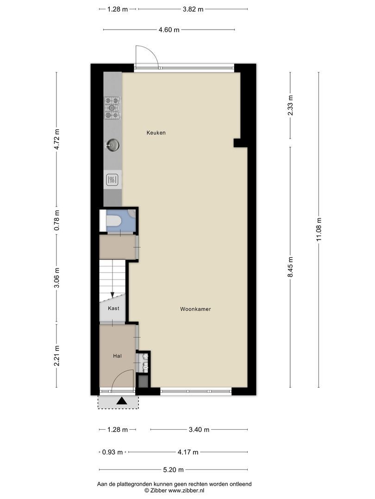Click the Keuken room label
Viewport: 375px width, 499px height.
click(156, 133)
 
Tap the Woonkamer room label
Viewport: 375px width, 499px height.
click(195, 309)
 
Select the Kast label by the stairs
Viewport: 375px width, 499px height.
click(113, 308)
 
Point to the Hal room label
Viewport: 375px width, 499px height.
click(117, 356)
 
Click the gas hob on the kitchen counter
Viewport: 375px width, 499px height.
click(112, 108)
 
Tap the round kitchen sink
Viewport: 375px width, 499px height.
click(112, 145)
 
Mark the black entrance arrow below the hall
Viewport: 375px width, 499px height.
click(121, 401)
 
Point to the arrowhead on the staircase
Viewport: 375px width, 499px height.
click(112, 295)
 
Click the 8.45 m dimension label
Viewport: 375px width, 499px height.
click(290, 267)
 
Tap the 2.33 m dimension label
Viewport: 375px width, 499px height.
click(290, 105)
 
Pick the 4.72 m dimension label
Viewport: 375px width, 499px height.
click(57, 139)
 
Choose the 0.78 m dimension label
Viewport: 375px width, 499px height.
click(57, 220)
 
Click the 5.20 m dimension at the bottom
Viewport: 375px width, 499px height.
click(174, 470)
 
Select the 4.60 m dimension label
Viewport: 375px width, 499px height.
click(169, 30)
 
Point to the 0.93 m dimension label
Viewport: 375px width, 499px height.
click(112, 452)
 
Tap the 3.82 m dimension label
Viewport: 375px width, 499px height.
click(193, 9)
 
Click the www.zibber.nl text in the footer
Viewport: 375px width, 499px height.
click(186, 491)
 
